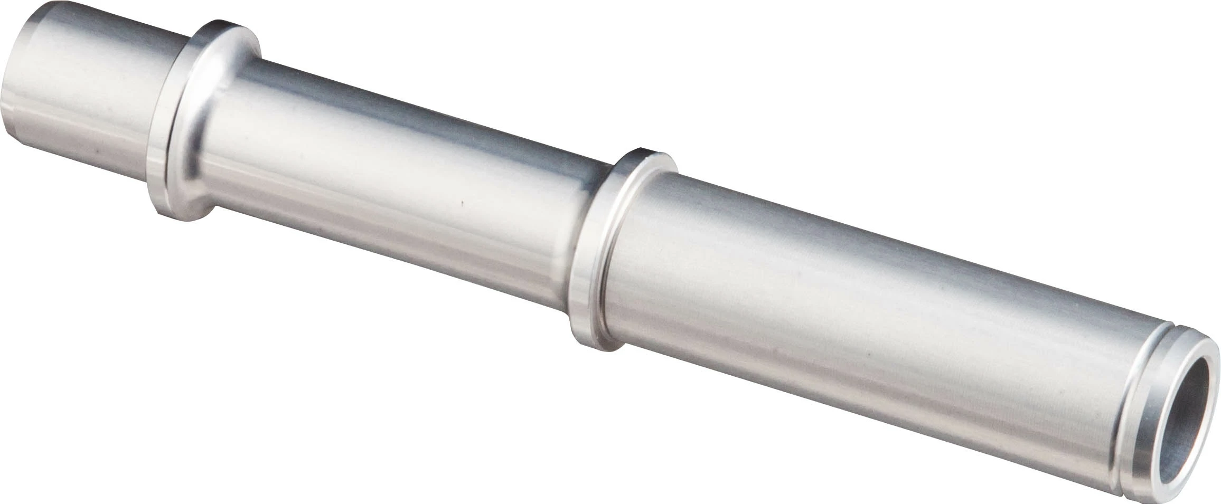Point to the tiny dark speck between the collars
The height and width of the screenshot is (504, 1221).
(x=463, y=202)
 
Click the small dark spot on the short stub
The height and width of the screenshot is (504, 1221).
(x=97, y=150)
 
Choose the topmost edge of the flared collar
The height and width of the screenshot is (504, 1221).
(x=222, y=22)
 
